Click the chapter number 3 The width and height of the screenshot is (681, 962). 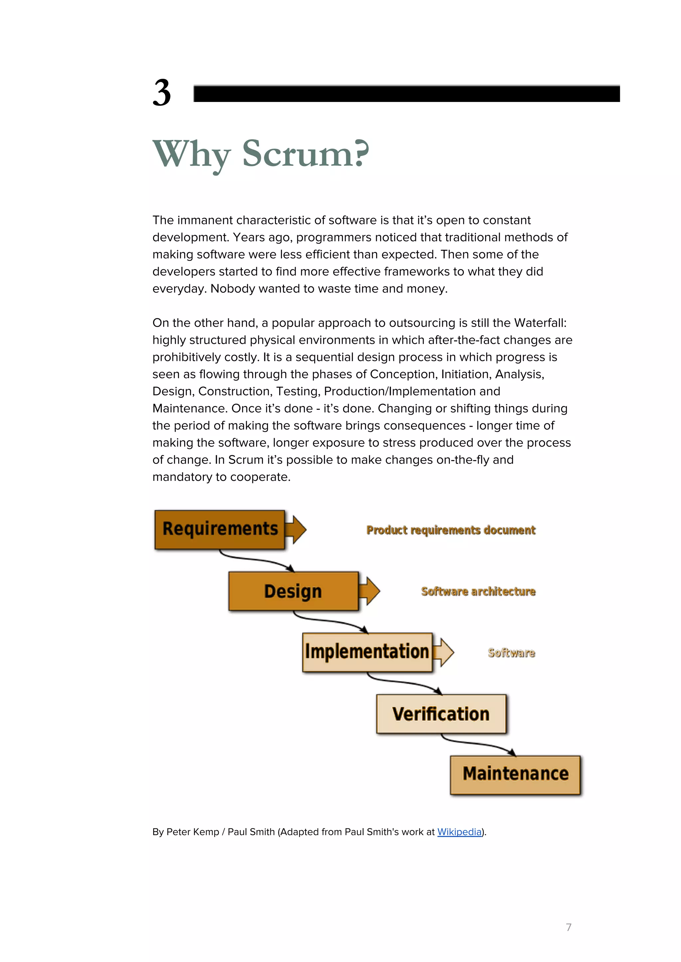click(162, 93)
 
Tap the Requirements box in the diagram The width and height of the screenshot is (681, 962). click(220, 529)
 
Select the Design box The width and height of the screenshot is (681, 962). click(293, 591)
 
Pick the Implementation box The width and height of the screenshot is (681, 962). click(367, 652)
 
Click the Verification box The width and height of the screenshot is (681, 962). click(441, 713)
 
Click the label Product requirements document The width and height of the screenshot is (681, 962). click(451, 530)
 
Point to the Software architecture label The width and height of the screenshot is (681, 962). click(478, 591)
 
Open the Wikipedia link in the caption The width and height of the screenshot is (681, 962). click(459, 832)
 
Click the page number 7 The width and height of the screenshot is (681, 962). click(569, 927)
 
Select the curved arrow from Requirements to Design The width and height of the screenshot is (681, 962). click(256, 560)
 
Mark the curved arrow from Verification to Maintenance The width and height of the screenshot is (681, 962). click(478, 744)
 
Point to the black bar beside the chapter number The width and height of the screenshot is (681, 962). click(406, 93)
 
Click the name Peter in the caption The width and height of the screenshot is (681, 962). click(179, 832)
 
